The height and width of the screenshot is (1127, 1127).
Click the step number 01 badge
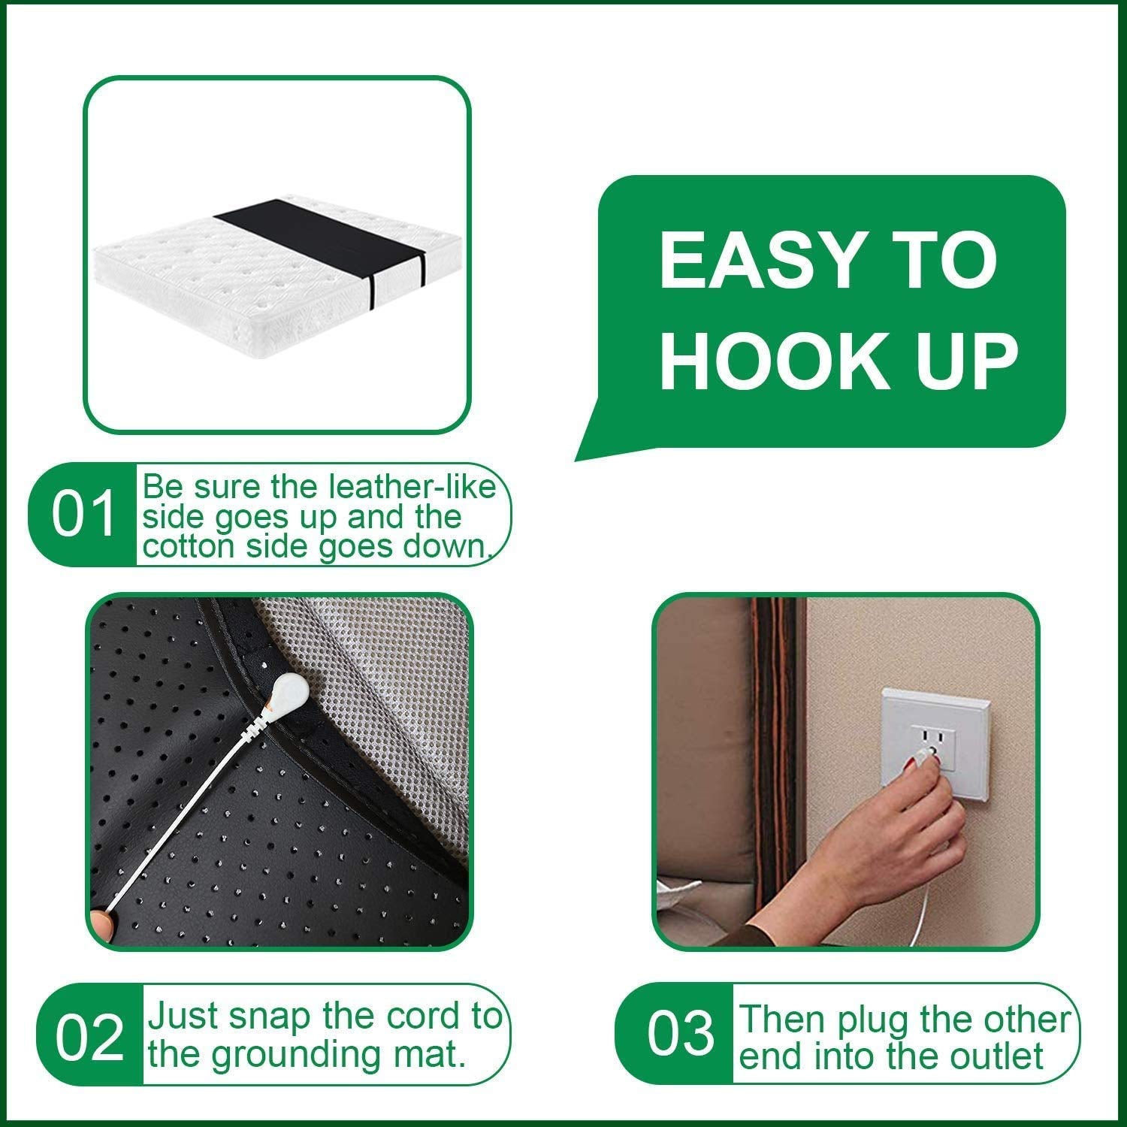tap(83, 515)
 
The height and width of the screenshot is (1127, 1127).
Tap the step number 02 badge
tap(89, 1038)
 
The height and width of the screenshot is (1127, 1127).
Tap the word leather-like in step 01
tap(412, 488)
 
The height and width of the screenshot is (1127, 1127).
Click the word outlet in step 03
tap(996, 1056)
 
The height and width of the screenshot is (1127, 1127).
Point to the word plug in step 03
tap(873, 1020)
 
